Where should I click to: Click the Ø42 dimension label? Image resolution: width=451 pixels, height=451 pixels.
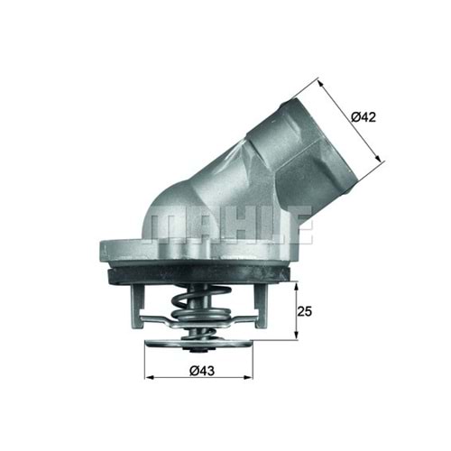tap(364, 116)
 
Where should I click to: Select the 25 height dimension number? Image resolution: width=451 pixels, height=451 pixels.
tap(306, 312)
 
